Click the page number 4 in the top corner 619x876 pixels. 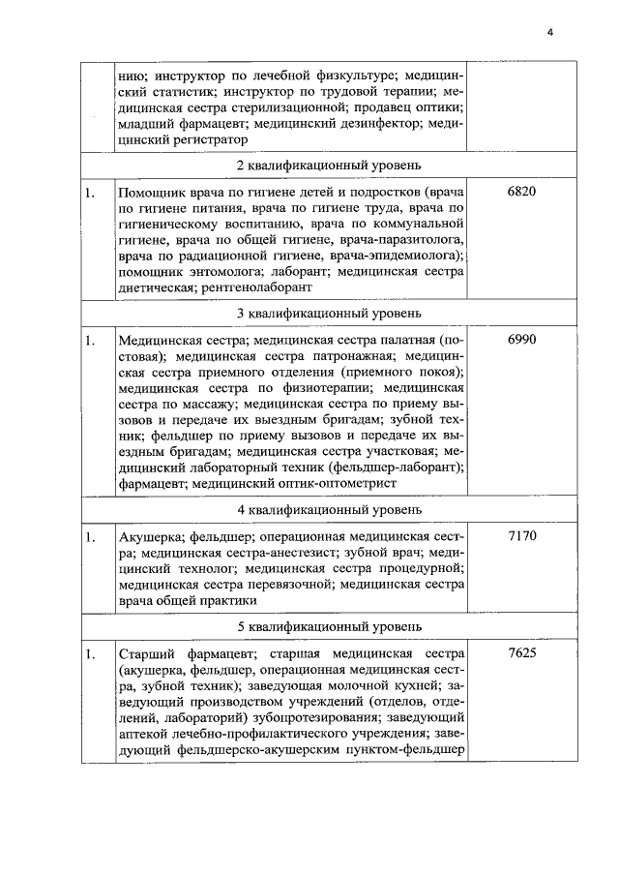[x=549, y=32]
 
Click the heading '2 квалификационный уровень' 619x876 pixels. [x=328, y=166]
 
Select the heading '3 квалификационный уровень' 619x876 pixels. [x=328, y=315]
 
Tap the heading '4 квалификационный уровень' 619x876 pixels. [x=328, y=509]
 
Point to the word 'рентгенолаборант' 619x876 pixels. [x=256, y=287]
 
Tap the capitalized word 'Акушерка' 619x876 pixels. [x=147, y=535]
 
